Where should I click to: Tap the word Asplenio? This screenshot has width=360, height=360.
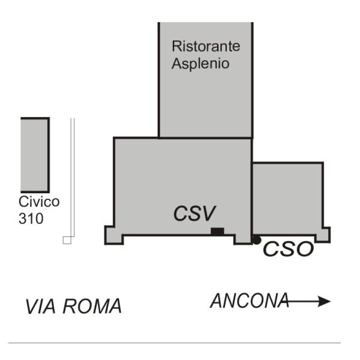coord(200,63)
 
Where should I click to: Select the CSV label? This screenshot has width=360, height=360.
coord(194,213)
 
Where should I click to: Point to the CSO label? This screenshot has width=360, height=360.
coord(289,249)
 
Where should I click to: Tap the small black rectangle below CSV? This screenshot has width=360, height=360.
coord(217,231)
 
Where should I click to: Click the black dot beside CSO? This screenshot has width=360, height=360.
coord(256,240)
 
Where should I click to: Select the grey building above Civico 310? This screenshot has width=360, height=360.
coord(35,154)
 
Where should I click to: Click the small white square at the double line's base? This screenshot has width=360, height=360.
coord(67,239)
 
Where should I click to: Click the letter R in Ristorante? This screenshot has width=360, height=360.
coord(176,46)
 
